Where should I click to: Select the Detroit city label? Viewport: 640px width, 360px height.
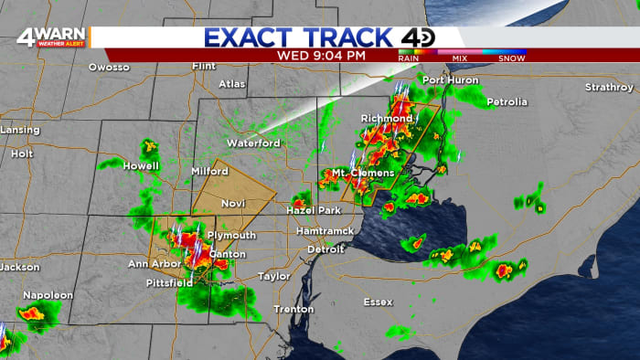[325, 249]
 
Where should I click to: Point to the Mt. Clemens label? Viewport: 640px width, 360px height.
[363, 173]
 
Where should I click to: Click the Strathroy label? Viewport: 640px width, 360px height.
[609, 87]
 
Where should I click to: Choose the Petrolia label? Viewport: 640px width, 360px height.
[507, 101]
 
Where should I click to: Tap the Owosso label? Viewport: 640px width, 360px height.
[109, 67]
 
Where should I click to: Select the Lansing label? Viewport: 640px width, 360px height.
[18, 130]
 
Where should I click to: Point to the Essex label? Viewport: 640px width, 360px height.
[378, 301]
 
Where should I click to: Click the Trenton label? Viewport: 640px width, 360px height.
[293, 309]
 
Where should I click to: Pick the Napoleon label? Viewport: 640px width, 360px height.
[48, 295]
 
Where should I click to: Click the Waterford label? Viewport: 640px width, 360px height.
[253, 143]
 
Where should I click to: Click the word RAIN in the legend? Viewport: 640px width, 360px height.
[408, 57]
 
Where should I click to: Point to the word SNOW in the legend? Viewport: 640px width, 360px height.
[512, 57]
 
